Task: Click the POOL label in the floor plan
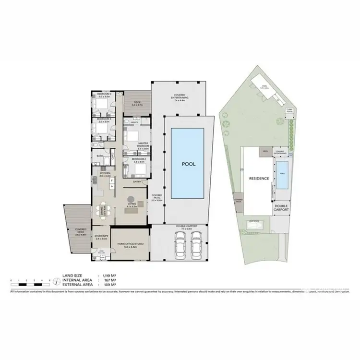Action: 188,164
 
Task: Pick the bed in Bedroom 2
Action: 129,170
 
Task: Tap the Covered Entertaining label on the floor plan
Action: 181,96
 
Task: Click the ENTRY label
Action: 137,181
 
